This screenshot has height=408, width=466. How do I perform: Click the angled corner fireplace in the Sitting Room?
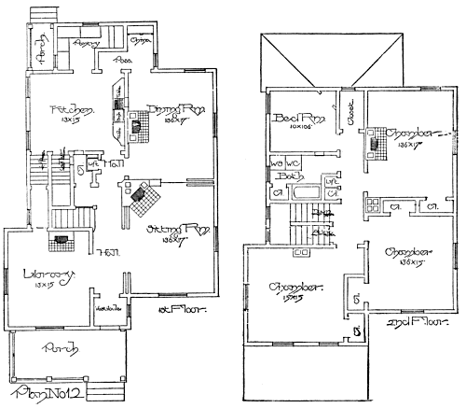(141, 194)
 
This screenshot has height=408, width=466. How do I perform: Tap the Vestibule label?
(104, 308)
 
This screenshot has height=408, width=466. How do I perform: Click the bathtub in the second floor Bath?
(306, 194)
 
